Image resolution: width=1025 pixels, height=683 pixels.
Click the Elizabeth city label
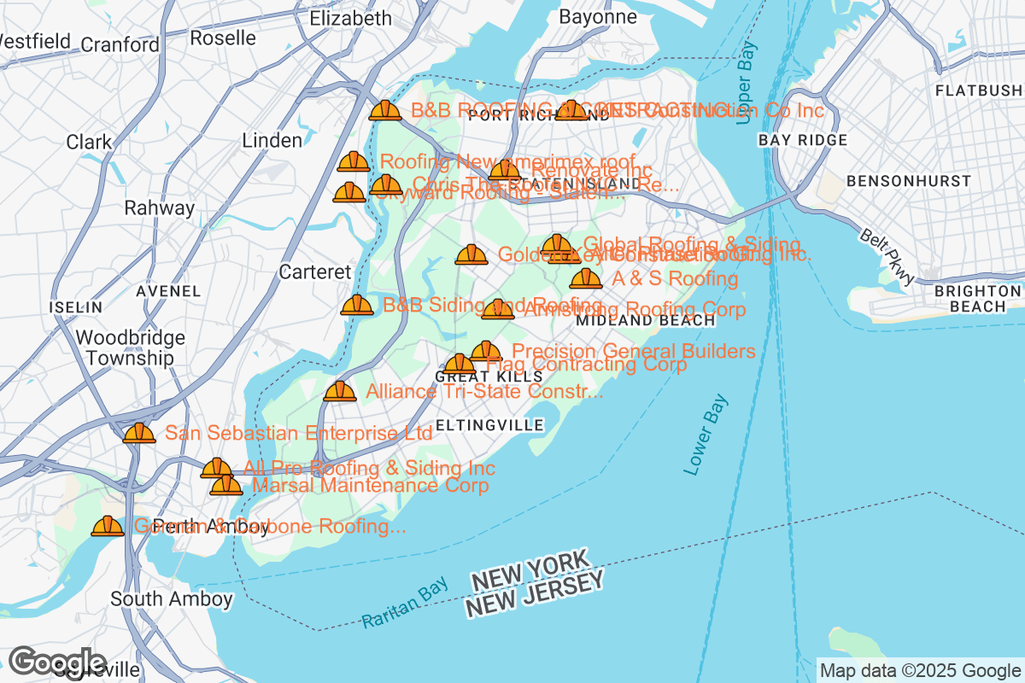click(350, 18)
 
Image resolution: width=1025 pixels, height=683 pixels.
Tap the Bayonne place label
click(598, 16)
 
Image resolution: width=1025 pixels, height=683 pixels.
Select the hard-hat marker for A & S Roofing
click(585, 278)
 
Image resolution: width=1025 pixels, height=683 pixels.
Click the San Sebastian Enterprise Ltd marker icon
click(139, 433)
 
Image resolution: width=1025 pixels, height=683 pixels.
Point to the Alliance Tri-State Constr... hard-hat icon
click(340, 391)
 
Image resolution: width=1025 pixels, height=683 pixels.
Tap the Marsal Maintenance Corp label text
click(370, 486)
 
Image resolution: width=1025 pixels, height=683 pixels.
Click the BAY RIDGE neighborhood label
click(802, 140)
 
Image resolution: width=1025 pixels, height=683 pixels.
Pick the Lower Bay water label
click(706, 435)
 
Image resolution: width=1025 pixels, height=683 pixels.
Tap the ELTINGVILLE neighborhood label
click(489, 424)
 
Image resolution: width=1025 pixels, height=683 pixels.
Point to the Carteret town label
click(315, 272)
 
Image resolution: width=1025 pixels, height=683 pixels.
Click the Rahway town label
click(159, 207)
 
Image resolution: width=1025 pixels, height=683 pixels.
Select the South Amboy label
click(171, 599)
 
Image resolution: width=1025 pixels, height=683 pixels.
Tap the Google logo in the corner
click(58, 662)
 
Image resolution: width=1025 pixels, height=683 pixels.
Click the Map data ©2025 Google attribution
click(919, 671)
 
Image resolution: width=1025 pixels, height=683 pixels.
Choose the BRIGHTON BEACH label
click(977, 298)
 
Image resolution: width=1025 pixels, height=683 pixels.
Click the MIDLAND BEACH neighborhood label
click(646, 320)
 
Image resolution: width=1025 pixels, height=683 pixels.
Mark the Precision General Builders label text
click(633, 351)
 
